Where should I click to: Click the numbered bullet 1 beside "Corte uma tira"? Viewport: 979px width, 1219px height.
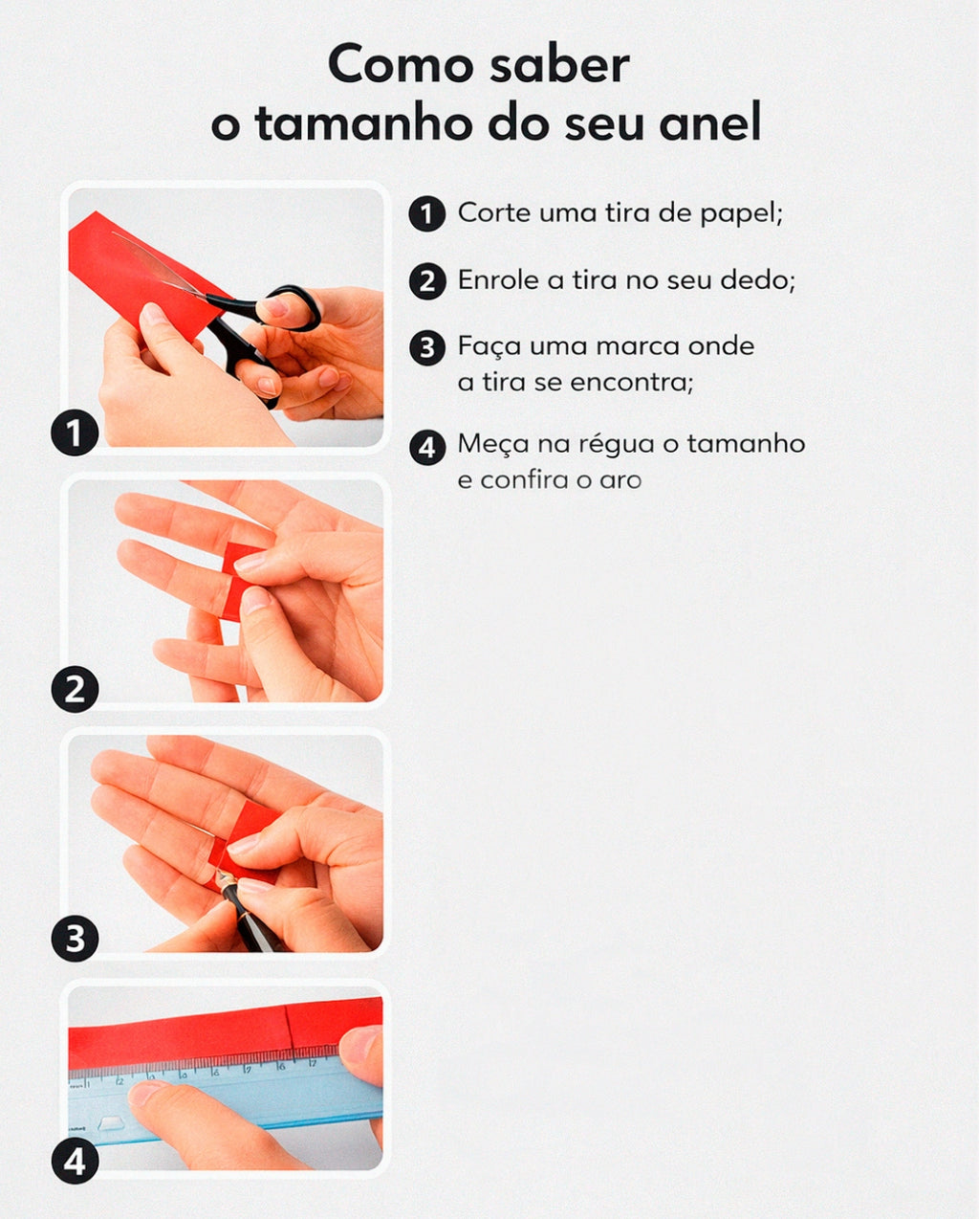(x=427, y=213)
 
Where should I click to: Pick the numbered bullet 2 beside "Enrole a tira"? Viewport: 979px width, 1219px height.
(x=427, y=281)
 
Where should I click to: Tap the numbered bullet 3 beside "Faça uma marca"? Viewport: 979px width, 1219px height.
(x=427, y=346)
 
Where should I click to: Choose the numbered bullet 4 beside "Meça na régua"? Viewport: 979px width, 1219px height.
(x=427, y=447)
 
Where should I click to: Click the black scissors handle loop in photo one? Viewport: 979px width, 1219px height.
(x=293, y=307)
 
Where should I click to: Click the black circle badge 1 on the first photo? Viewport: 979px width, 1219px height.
(x=75, y=433)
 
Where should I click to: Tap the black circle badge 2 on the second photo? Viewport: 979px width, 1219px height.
(x=75, y=689)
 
